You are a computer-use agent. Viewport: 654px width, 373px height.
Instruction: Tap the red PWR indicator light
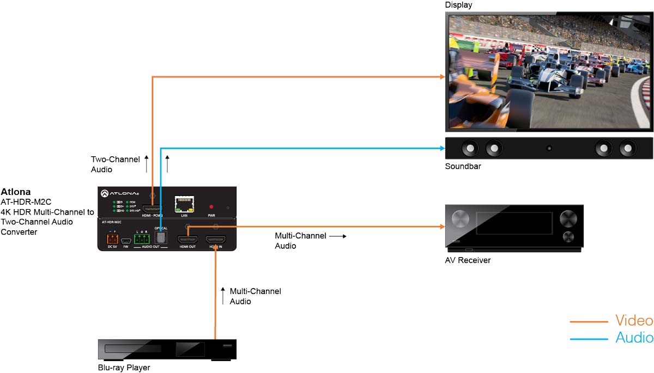click(x=211, y=207)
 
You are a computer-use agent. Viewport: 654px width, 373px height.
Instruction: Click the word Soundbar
click(x=463, y=166)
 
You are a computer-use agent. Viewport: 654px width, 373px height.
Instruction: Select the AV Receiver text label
click(x=468, y=260)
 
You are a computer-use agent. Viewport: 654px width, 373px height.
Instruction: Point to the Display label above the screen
click(x=458, y=5)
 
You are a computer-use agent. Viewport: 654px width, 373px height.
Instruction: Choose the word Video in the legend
click(x=634, y=320)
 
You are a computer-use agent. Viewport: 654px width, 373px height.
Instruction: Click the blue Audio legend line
click(x=589, y=339)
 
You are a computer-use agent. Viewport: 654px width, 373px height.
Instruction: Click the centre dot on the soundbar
click(x=549, y=148)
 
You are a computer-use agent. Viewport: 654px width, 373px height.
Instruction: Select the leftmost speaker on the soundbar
click(x=469, y=148)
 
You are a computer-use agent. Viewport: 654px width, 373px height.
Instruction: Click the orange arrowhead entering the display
click(x=443, y=77)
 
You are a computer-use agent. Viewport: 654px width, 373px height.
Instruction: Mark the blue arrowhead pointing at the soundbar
click(x=443, y=148)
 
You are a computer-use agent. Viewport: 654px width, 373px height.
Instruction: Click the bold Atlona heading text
click(x=15, y=192)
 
